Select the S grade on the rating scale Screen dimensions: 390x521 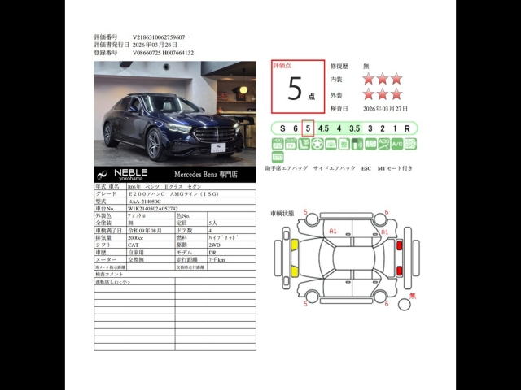click(282, 128)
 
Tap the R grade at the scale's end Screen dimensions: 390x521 click(407, 128)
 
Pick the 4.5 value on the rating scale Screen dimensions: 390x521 click(323, 128)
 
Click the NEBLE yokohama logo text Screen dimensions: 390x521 click(129, 174)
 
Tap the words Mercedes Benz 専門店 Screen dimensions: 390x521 click(206, 174)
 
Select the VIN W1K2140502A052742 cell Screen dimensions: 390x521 click(153, 208)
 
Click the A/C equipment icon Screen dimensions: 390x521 click(396, 144)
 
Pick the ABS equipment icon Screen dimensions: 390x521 click(383, 144)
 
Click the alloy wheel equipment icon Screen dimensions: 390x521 click(317, 144)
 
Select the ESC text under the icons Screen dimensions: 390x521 click(366, 168)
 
